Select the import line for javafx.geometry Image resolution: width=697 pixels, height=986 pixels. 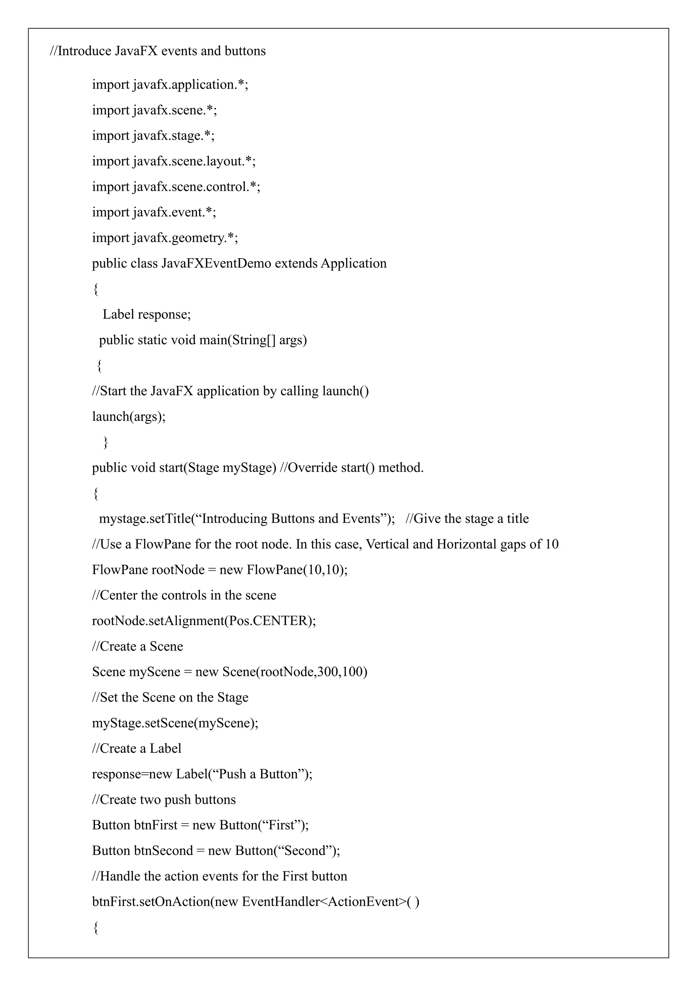(165, 238)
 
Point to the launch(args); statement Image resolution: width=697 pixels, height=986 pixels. (129, 416)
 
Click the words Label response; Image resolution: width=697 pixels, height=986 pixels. (147, 314)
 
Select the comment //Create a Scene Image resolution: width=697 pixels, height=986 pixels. (137, 646)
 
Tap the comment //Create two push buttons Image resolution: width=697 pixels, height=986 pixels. (164, 800)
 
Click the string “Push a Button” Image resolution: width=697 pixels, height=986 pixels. (259, 774)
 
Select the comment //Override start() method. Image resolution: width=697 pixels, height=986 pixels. (352, 468)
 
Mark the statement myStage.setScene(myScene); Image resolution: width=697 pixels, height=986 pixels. (175, 723)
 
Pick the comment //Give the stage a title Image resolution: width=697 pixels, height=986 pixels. (467, 519)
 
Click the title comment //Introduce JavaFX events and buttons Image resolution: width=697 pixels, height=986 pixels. (158, 51)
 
